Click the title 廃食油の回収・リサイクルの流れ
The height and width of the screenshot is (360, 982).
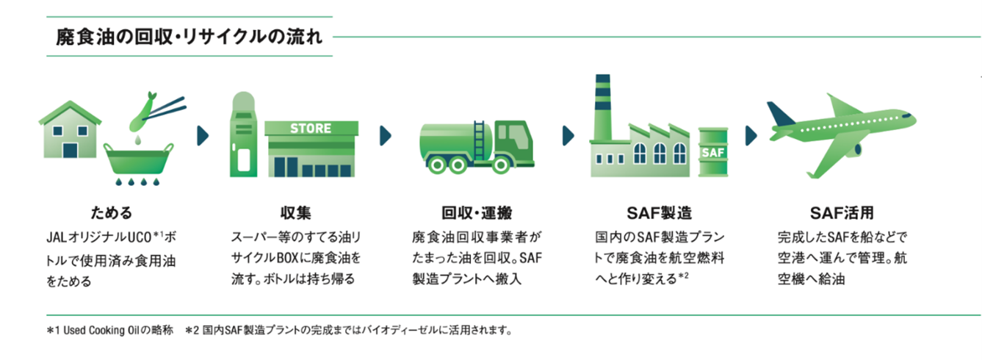pos(189,37)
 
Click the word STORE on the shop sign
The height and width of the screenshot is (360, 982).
pos(311,129)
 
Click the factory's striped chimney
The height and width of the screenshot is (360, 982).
pos(603,103)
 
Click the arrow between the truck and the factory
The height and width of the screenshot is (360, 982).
pos(568,135)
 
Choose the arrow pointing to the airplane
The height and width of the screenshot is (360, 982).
pos(751,135)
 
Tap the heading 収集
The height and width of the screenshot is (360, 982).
pos(295,214)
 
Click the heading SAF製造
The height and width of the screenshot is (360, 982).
pos(659,214)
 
